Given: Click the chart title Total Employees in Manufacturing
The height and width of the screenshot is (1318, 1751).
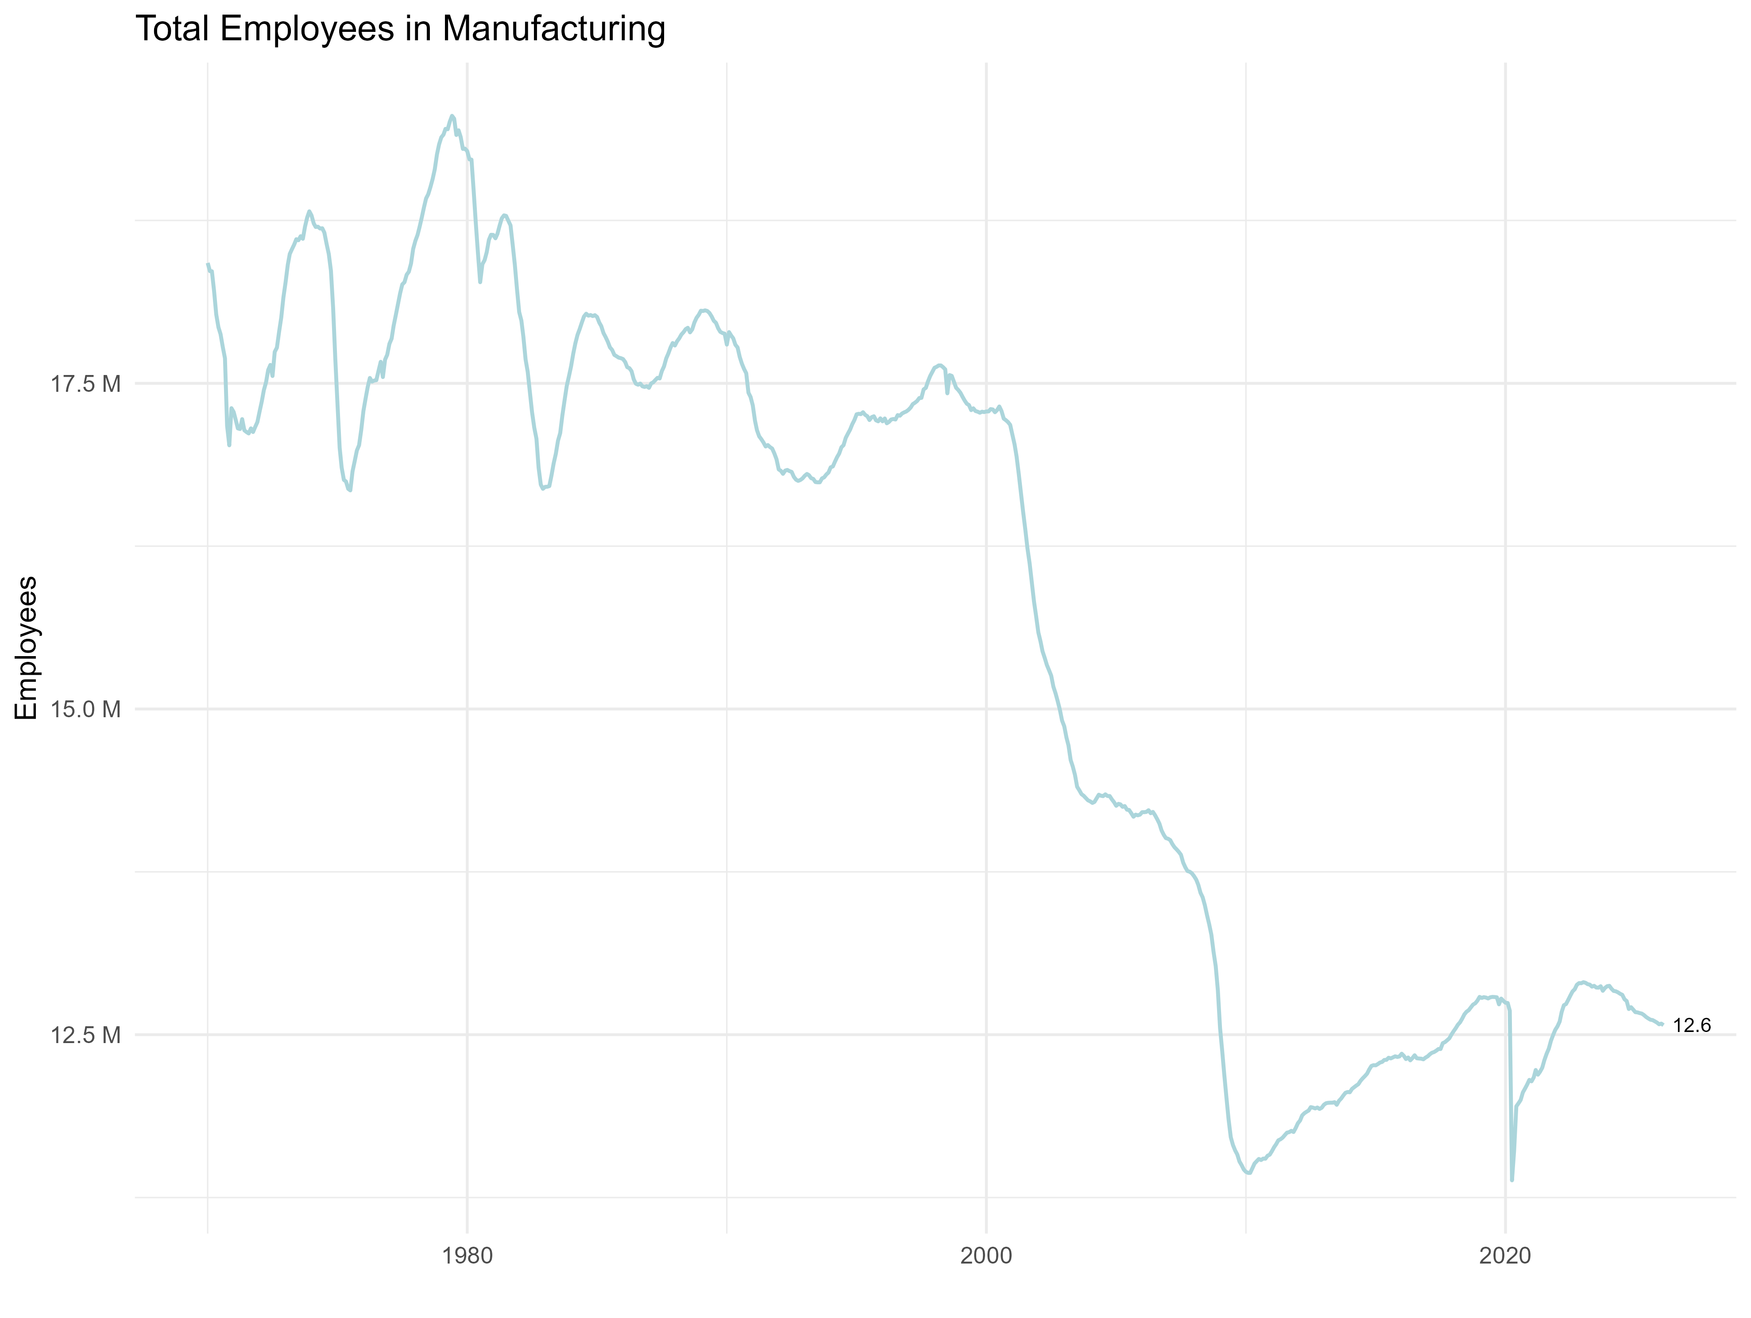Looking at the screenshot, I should pos(401,29).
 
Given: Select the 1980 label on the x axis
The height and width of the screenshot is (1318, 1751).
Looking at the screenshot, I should pos(467,1256).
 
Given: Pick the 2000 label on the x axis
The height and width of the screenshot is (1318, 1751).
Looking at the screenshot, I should pos(986,1256).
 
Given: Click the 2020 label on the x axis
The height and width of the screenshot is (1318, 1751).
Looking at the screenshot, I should pos(1505,1256).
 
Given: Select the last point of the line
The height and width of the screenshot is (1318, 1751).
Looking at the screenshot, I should pos(1662,1024).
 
